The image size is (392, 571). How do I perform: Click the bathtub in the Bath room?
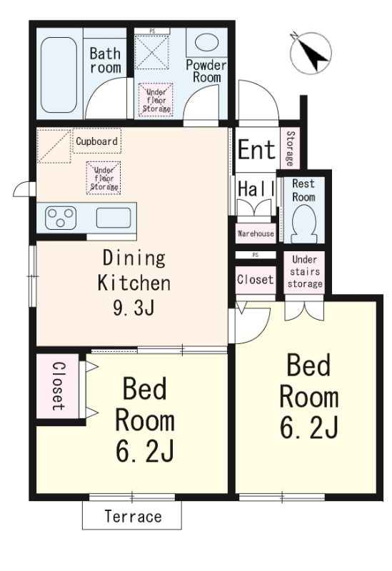pyautogui.click(x=59, y=75)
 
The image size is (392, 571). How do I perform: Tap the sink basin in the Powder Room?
pyautogui.click(x=206, y=42)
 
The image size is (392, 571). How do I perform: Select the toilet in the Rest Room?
pyautogui.click(x=303, y=223)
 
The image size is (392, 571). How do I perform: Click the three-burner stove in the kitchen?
pyautogui.click(x=61, y=218)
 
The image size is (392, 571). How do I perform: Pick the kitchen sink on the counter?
pyautogui.click(x=114, y=218)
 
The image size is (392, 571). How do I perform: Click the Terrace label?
pyautogui.click(x=133, y=516)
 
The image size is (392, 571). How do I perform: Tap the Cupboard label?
pyautogui.click(x=96, y=141)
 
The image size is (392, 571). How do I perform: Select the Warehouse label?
pyautogui.click(x=256, y=233)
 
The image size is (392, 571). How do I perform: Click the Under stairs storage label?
pyautogui.click(x=305, y=271)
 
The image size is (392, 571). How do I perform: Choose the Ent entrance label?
pyautogui.click(x=256, y=149)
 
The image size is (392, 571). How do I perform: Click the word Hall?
pyautogui.click(x=256, y=188)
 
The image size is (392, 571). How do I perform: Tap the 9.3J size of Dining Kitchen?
pyautogui.click(x=134, y=308)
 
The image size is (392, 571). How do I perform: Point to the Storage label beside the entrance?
pyautogui.click(x=290, y=148)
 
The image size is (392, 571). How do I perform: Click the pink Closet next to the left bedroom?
pyautogui.click(x=58, y=386)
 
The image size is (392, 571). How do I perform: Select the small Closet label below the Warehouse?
pyautogui.click(x=255, y=279)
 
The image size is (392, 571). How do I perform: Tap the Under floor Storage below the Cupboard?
pyautogui.click(x=104, y=178)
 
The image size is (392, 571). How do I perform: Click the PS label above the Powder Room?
pyautogui.click(x=152, y=31)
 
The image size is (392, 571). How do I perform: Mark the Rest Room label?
pyautogui.click(x=303, y=190)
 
